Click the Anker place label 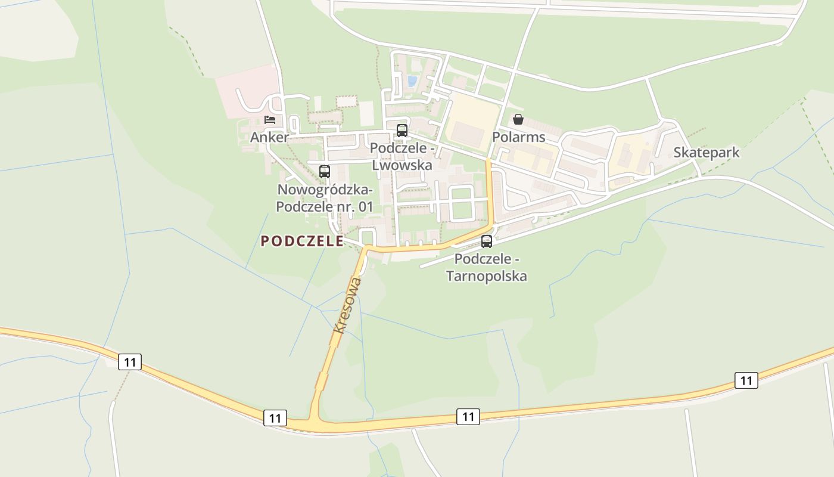269,137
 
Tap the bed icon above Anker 270,120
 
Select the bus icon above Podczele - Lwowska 402,130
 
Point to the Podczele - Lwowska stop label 402,156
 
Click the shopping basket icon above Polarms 518,119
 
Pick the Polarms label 518,137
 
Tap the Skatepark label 707,152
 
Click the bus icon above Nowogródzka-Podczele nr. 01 325,172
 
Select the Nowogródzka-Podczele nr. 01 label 325,198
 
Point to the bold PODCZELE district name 302,241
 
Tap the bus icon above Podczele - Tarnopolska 487,241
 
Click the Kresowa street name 348,305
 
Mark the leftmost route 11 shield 130,361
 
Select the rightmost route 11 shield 746,380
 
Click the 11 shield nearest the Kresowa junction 275,417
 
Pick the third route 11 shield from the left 468,416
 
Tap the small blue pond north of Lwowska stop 412,80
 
